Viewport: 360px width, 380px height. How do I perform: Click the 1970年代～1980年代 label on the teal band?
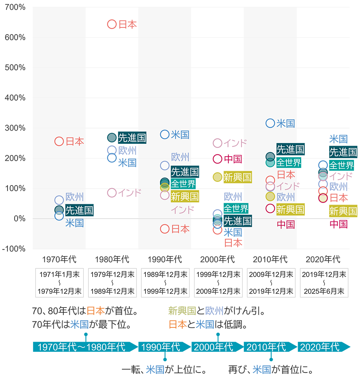pos(81,347)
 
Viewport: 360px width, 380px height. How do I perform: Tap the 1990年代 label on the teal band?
pos(160,347)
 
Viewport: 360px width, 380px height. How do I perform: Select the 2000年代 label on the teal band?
pos(213,347)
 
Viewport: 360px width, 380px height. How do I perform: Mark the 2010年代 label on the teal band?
pos(266,347)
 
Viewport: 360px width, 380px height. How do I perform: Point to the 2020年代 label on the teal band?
pos(319,347)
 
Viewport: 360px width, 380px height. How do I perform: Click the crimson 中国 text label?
pos(286,225)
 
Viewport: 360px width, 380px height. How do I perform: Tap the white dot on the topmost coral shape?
pos(112,24)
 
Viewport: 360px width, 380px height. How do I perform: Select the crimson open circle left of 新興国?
pos(270,208)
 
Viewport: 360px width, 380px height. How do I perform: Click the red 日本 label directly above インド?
pos(286,175)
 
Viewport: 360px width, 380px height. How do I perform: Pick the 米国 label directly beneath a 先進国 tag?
pos(74,223)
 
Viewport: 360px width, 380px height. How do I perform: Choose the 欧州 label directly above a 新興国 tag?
pos(286,197)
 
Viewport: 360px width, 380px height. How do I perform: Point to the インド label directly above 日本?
pos(181,210)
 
